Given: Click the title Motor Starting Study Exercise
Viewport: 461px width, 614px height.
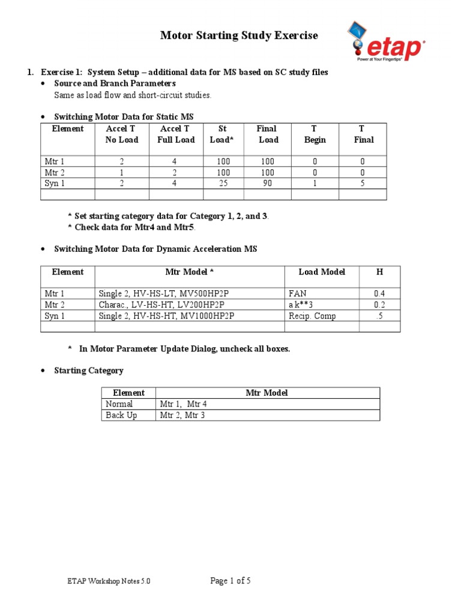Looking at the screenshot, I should pos(239,36).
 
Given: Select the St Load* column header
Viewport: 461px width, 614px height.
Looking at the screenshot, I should pos(223,134).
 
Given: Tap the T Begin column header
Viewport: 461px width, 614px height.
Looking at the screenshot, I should pos(315,134).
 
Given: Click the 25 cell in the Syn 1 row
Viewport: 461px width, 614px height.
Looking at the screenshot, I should pos(223,183).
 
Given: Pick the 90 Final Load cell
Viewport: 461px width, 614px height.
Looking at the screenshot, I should pos(267,183).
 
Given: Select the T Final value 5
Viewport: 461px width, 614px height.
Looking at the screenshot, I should pos(362,183).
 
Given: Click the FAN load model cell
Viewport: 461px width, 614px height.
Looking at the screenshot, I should pos(298,294).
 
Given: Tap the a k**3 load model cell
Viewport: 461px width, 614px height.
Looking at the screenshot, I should pos(301,305).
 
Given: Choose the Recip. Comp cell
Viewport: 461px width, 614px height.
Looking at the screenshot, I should pos(308,315).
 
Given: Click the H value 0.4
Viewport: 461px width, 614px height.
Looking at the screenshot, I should pos(379,294).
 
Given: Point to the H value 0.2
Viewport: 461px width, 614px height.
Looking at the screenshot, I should pos(379,305).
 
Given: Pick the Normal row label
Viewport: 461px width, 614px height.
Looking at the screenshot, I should pos(119,404).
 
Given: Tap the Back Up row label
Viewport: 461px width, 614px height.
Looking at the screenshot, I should pos(121,415).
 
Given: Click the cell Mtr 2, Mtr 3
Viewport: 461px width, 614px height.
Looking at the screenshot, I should pos(182,415).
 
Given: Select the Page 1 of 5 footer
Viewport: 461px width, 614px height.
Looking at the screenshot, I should pos(230,581).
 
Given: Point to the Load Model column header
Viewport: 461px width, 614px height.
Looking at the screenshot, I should pos(322,272).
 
